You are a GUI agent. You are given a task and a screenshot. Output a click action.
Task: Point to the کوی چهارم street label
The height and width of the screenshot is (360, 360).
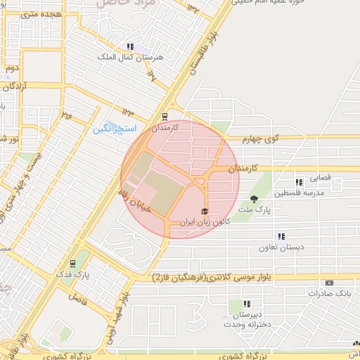pyautogui.click(x=262, y=139)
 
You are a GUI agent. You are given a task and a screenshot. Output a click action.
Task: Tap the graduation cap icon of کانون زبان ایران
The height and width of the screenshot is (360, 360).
pyautogui.click(x=205, y=212)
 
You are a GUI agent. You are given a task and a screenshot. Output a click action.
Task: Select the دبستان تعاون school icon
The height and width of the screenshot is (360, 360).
pyautogui.click(x=282, y=237)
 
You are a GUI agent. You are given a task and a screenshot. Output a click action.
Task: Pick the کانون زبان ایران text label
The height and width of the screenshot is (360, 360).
pyautogui.click(x=205, y=221)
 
